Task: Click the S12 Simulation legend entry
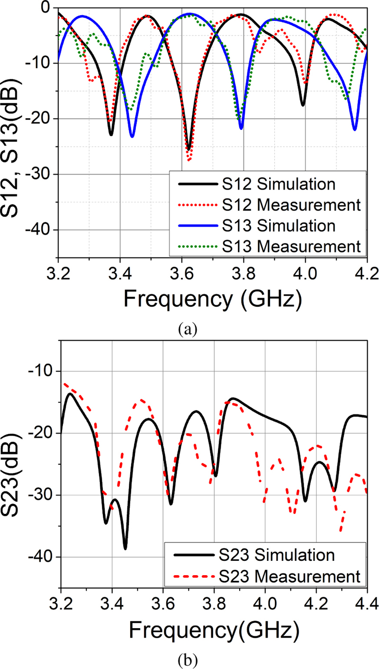click(x=265, y=184)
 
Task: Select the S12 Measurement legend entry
click(x=265, y=205)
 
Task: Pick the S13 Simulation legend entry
click(x=265, y=226)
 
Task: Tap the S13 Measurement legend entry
click(x=265, y=247)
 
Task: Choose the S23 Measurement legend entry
click(x=265, y=576)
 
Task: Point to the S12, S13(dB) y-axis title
click(x=16, y=131)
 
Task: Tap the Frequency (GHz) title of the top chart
click(x=212, y=299)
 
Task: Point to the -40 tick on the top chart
click(x=43, y=230)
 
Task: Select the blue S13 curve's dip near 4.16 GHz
click(x=354, y=129)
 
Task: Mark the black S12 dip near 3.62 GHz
click(x=189, y=149)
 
